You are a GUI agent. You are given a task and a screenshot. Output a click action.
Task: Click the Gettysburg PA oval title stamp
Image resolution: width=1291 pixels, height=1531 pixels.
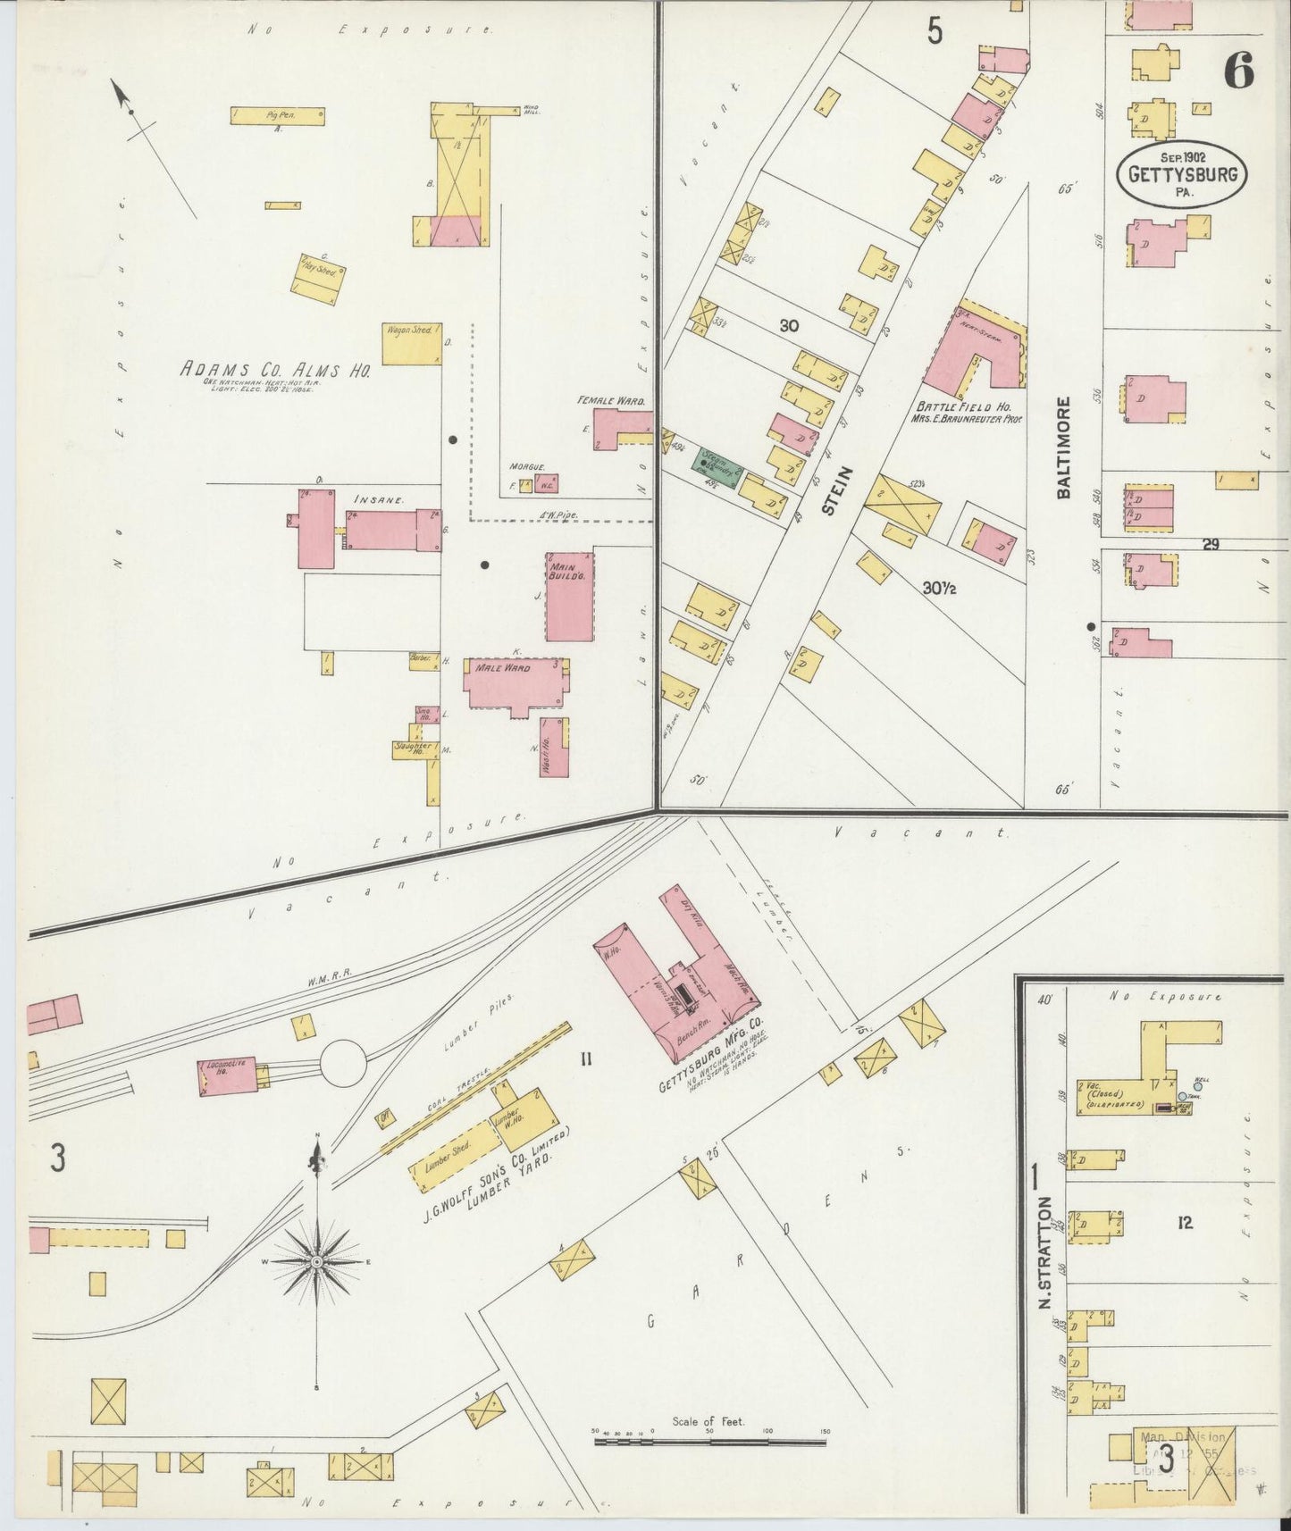click(1181, 169)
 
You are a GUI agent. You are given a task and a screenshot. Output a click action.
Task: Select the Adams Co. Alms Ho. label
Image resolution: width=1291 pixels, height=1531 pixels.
click(275, 369)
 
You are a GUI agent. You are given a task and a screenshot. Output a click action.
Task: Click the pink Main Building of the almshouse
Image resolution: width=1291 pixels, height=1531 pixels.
click(570, 596)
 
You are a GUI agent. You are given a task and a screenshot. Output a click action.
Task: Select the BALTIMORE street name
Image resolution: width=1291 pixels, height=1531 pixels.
click(1062, 447)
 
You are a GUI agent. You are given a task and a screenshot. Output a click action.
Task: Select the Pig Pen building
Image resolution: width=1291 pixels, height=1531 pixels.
click(277, 115)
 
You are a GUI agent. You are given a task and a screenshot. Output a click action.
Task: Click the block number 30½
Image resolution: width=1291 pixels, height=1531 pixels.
click(941, 588)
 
